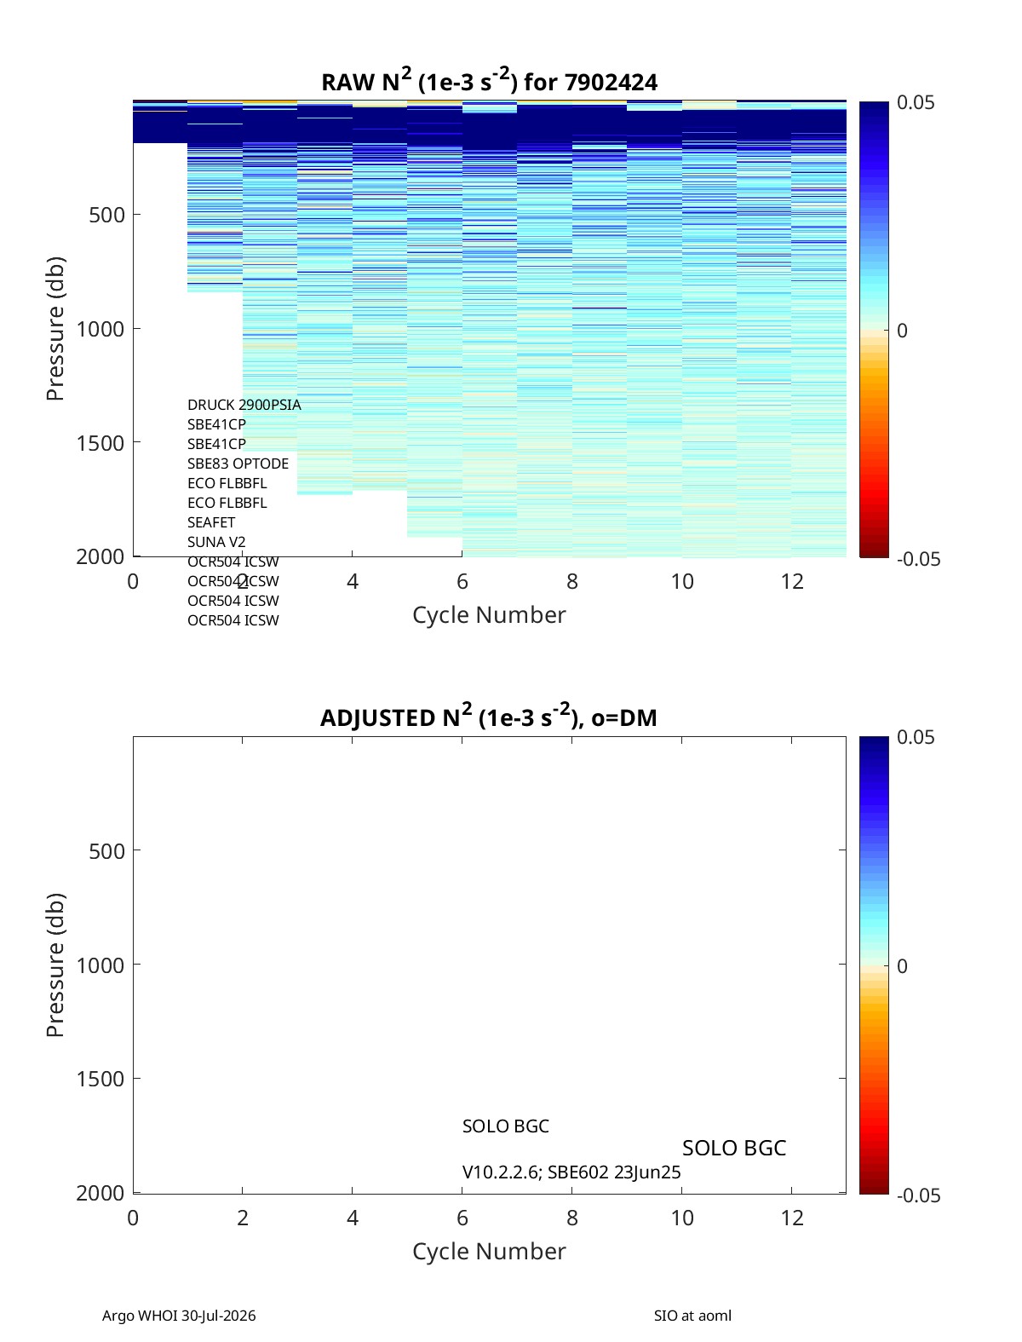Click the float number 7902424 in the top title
tap(611, 83)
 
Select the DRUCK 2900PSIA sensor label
tap(244, 405)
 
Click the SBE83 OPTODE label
tap(238, 464)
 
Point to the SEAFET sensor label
tap(211, 522)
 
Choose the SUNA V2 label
tap(216, 542)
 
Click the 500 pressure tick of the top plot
tap(106, 215)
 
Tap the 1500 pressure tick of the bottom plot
tap(100, 1079)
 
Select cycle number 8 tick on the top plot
tap(571, 581)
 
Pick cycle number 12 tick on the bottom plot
tap(792, 1218)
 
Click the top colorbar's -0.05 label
tap(919, 559)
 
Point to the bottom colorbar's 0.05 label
tap(916, 737)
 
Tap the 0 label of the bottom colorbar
tap(902, 966)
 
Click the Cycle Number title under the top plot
tap(489, 614)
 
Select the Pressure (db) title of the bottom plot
tap(55, 965)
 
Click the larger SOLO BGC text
tap(733, 1149)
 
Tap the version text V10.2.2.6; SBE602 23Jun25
tap(571, 1172)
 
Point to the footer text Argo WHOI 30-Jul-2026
tap(179, 1315)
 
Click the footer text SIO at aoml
tap(692, 1315)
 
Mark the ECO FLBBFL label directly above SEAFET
tap(227, 503)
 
